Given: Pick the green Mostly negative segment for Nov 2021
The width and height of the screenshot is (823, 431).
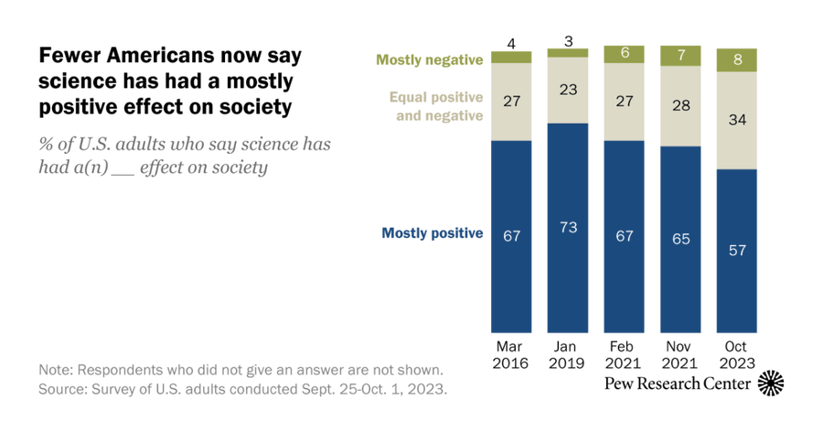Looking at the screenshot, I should [679, 56].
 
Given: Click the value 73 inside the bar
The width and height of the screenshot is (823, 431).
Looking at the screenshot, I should [567, 226].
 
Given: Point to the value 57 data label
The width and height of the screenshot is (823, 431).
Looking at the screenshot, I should [736, 250].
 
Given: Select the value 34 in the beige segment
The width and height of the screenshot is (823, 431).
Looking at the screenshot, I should [736, 120].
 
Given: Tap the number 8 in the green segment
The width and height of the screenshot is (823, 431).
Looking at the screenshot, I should [736, 60].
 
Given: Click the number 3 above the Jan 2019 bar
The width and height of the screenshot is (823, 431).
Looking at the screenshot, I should [567, 40].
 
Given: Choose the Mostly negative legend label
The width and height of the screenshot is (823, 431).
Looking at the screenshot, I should [429, 60].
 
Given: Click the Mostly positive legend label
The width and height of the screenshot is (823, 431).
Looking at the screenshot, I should [432, 233].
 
